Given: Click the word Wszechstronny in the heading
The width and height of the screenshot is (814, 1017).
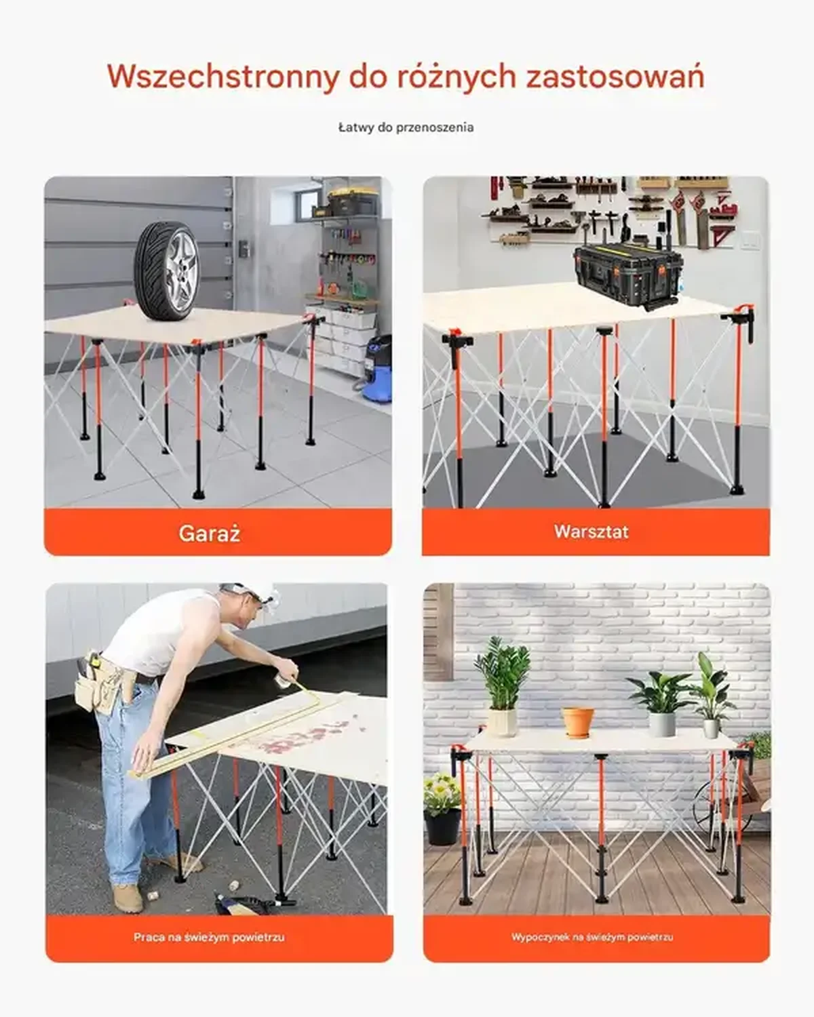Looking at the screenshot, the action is point(222,77).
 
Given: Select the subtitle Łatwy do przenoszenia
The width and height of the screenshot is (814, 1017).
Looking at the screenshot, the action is point(406,127).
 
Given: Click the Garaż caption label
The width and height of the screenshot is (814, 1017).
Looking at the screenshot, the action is point(210,533).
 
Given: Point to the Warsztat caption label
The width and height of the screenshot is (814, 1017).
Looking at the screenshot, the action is point(592,532).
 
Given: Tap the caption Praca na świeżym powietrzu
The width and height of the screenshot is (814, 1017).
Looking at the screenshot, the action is point(209,937).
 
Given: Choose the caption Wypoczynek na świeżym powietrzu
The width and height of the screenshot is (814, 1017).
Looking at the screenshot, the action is point(592,937).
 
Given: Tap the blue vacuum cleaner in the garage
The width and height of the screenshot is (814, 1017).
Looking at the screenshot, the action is point(377,369).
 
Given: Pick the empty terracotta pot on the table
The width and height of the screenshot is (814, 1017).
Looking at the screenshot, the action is point(577,721).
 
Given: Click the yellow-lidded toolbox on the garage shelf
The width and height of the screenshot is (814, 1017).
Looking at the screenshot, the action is point(353,201).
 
